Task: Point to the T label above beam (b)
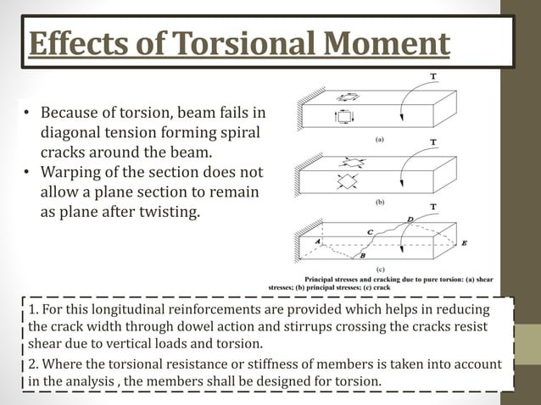point(433,142)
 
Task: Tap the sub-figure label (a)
point(380,138)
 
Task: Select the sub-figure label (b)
point(380,202)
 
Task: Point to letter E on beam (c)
point(463,243)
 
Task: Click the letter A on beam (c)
point(316,241)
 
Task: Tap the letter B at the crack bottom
point(363,255)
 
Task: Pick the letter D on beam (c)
point(410,219)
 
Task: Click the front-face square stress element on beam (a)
point(343,117)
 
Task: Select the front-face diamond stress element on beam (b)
point(345,180)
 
